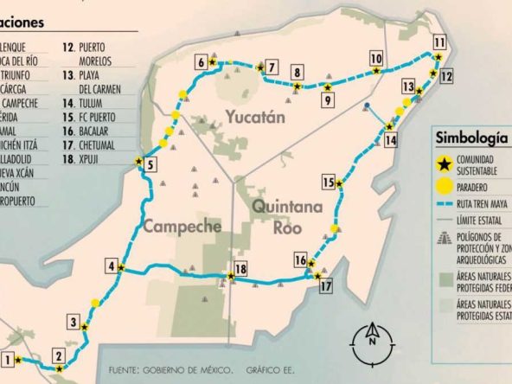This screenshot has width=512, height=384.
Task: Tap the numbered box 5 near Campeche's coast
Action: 150,167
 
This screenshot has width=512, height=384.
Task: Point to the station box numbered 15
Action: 328,182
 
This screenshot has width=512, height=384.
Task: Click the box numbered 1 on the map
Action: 8,360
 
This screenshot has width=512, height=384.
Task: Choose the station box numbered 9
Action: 327,100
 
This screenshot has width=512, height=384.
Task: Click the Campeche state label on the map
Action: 182,227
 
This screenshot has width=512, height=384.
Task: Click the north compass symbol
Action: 370,335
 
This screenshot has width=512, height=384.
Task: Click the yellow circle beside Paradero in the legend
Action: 444,185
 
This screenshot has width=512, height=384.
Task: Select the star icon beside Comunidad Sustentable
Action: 444,163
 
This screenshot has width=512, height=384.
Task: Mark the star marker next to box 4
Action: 122,268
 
